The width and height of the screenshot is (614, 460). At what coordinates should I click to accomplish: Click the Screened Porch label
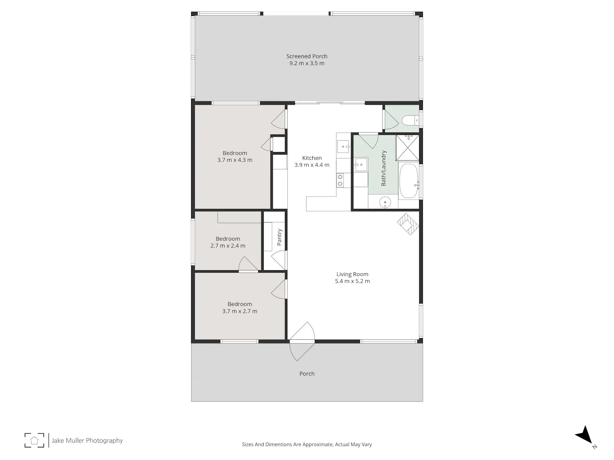[x=307, y=56]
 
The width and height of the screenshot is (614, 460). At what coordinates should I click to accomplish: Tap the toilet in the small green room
[x=410, y=120]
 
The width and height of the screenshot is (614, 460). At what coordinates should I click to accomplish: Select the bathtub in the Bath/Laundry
[x=409, y=181]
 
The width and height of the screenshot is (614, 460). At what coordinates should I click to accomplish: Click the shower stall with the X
[x=408, y=148]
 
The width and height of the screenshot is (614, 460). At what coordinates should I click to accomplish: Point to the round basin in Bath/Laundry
[x=385, y=202]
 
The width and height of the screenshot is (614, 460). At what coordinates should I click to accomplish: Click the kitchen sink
[x=343, y=146]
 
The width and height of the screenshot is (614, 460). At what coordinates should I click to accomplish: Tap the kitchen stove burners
[x=340, y=180]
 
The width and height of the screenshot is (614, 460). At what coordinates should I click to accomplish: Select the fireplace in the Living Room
[x=409, y=224]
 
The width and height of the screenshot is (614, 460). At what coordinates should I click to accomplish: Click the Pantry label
[x=279, y=237]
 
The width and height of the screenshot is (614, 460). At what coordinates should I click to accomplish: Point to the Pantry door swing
[x=279, y=260]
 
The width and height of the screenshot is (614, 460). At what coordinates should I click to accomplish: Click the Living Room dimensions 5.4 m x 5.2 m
[x=352, y=281]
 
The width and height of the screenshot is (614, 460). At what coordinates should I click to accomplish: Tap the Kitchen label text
[x=312, y=158]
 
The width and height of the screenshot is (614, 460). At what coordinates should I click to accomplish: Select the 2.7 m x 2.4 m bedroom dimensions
[x=228, y=245]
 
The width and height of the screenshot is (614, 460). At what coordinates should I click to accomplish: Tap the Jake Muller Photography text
[x=87, y=440]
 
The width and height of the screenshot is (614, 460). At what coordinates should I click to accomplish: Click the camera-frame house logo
[x=34, y=440]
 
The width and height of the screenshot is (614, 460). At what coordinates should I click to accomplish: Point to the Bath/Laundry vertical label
[x=384, y=168]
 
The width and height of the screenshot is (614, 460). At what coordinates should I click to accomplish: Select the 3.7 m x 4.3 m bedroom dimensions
[x=235, y=160]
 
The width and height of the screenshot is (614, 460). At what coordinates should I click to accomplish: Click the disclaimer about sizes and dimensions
[x=307, y=444]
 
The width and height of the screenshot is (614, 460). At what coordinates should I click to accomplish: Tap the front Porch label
[x=307, y=373]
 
